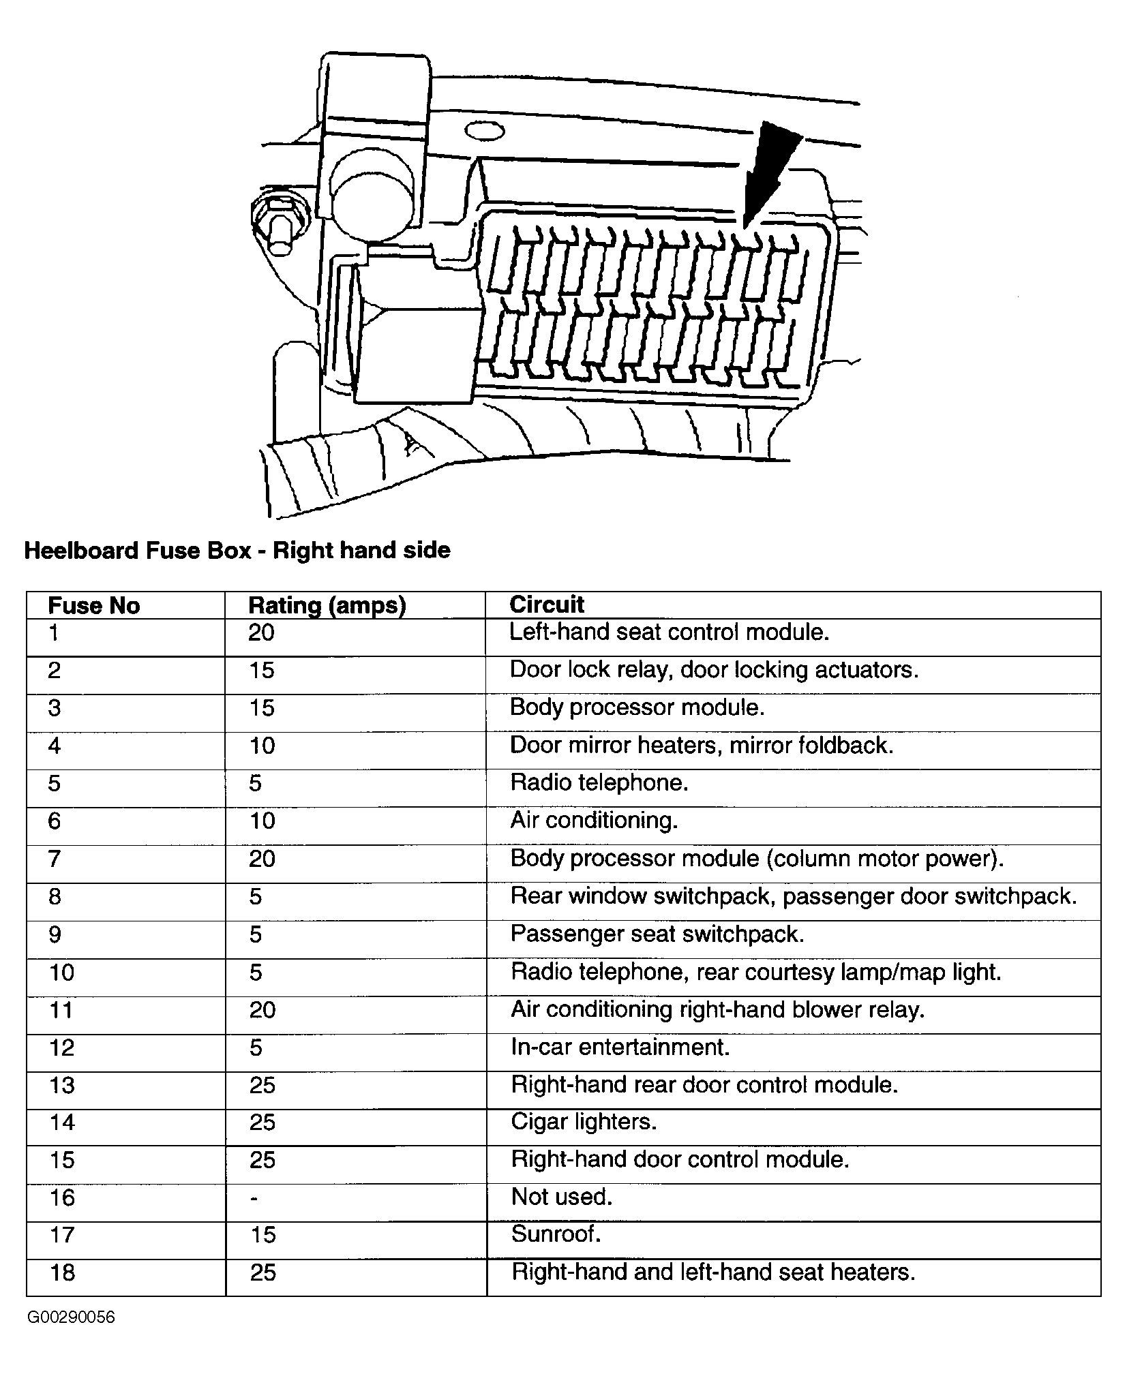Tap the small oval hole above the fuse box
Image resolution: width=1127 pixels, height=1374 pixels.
pos(484,131)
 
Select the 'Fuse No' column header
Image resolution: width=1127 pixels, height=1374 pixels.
pos(94,606)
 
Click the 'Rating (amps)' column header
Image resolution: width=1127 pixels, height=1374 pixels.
pos(327,605)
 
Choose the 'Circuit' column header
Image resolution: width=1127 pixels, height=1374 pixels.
pos(547,605)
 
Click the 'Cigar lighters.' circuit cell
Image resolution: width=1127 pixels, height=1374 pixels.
pos(584,1121)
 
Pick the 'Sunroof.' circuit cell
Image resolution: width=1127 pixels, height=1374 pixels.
pos(556,1234)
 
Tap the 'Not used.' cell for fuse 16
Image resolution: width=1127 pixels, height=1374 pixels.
pos(562,1197)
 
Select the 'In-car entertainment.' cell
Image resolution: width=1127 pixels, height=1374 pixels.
pos(620,1046)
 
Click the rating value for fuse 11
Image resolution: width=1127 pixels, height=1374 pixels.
pos(262,1009)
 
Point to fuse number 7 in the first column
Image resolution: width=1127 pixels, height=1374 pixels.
pos(55,858)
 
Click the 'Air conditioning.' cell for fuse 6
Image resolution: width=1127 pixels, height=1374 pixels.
pos(594,820)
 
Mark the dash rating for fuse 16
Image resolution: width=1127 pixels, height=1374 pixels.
pos(254,1198)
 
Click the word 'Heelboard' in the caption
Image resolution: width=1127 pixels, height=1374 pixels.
pos(80,550)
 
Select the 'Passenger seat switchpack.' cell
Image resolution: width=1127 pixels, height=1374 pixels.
pos(657,934)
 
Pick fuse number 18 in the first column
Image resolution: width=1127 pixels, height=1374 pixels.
pos(62,1272)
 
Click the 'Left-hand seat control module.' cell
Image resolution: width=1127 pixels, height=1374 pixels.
pos(669,632)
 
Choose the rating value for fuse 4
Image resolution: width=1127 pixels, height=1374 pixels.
pos(262,745)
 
